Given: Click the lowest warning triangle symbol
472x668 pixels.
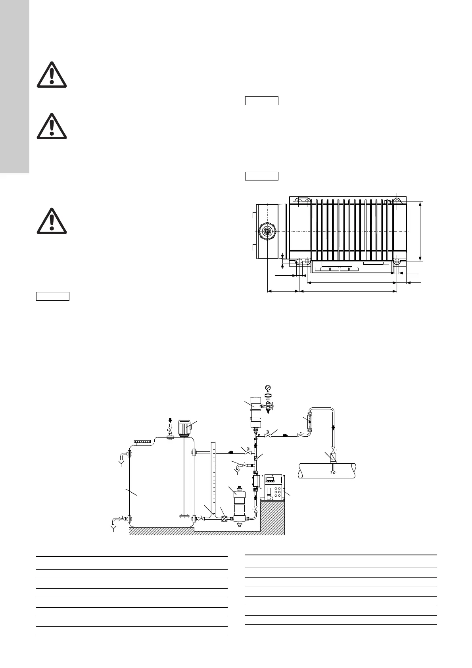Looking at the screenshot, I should click(x=52, y=221).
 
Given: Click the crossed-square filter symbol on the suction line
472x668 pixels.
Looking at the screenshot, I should click(x=224, y=518).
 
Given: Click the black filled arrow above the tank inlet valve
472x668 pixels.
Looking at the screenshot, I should click(x=171, y=420).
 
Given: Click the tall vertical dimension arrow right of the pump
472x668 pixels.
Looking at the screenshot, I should click(x=420, y=231).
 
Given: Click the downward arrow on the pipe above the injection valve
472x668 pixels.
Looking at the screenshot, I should click(x=333, y=428).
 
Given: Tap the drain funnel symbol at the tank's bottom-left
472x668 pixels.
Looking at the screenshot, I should click(x=114, y=528).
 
